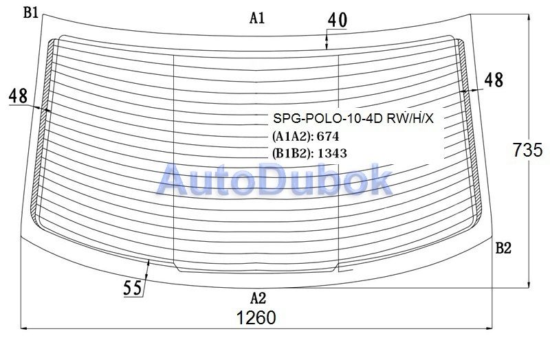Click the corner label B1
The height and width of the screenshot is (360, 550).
coord(30,12)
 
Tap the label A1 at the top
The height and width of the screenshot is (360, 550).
coord(257,18)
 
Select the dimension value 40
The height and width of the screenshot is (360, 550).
coord(338,20)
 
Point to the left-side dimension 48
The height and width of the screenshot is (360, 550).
coord(19,95)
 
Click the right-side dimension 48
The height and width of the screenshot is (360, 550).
coord(494,80)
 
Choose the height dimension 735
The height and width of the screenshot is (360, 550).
coord(527,150)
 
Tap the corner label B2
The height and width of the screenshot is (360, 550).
coord(503,248)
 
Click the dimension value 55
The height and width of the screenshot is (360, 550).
coord(133,288)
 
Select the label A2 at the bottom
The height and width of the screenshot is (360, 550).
coord(258,298)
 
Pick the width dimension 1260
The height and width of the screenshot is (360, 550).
coord(256,318)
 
